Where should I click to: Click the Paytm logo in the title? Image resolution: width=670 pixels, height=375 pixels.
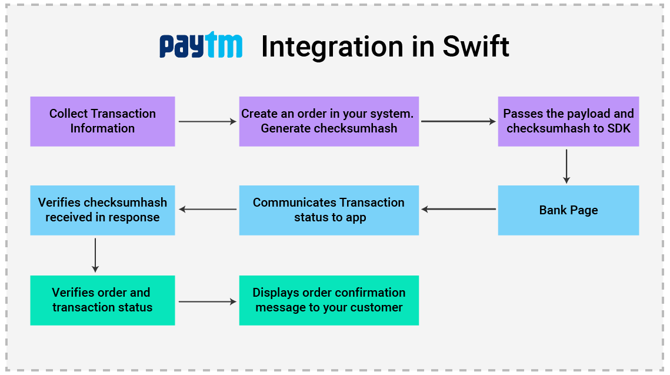[x=201, y=46]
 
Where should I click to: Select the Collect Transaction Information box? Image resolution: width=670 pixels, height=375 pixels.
[x=102, y=121]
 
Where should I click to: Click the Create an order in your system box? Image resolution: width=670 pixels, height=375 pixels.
[x=329, y=121]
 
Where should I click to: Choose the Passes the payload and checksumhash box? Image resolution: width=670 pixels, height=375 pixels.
[x=568, y=121]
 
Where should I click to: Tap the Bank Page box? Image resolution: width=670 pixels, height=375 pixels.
[x=568, y=210]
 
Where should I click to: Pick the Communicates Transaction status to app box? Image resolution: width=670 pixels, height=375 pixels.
[x=329, y=210]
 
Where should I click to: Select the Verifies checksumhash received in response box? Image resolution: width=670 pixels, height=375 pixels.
[x=102, y=210]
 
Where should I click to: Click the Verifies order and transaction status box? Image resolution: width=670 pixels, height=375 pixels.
[x=102, y=300]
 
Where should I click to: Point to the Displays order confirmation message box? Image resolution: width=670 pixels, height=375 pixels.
[x=329, y=300]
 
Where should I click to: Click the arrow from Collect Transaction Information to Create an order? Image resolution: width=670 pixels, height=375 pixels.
[x=206, y=122]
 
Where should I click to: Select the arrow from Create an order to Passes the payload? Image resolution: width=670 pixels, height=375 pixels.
[x=458, y=122]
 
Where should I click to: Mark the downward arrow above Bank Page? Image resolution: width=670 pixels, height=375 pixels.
[x=566, y=166]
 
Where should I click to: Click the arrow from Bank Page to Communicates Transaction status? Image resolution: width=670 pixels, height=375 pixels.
[x=458, y=209]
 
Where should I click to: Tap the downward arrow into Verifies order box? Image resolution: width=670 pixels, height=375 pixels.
[x=95, y=255]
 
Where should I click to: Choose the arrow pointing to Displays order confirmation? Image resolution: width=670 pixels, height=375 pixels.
[x=206, y=301]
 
